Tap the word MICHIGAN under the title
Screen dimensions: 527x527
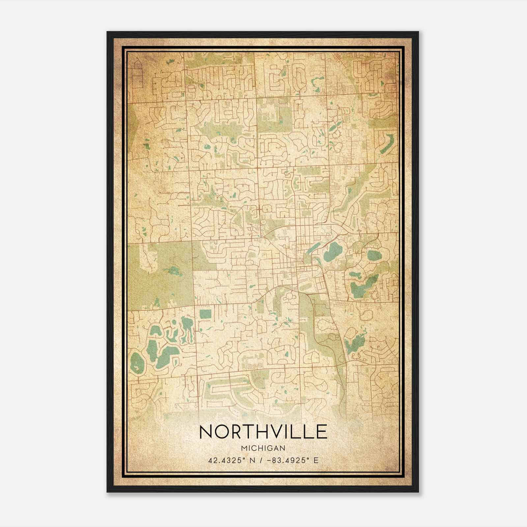tap(263, 448)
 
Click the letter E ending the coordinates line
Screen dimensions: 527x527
tap(316, 460)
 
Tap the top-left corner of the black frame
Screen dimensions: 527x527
tap(107, 32)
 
